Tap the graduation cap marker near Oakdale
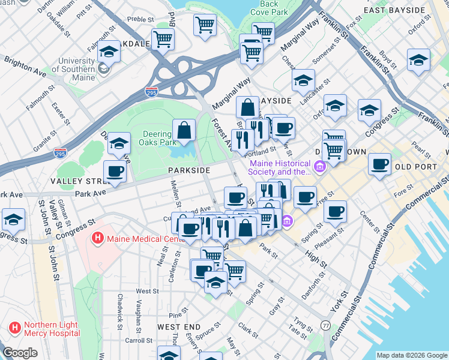(x=109, y=52)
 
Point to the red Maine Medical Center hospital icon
(x=97, y=238)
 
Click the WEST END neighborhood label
(x=178, y=327)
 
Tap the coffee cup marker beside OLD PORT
(x=379, y=164)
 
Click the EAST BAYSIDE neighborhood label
(x=396, y=10)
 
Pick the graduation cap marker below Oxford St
(x=418, y=60)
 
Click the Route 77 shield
(x=325, y=325)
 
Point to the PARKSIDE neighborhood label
(x=188, y=170)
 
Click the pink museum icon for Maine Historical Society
(x=319, y=166)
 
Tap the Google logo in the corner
(x=20, y=353)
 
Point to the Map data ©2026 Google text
(x=411, y=355)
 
